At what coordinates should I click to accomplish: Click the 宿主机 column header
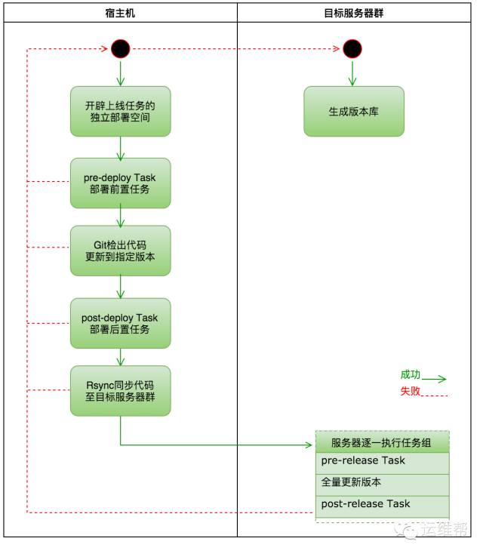click(120, 14)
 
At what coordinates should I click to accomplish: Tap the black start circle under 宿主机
click(120, 49)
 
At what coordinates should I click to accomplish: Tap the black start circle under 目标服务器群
click(352, 49)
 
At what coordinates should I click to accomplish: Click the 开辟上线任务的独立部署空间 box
click(120, 111)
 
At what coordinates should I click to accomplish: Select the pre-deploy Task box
click(120, 183)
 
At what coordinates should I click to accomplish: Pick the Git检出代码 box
click(120, 251)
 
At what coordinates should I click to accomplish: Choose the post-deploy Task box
click(120, 323)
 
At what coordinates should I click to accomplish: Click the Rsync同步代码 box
click(120, 390)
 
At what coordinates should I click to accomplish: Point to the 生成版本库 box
click(353, 111)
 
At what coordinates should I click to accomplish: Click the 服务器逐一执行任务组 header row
click(383, 442)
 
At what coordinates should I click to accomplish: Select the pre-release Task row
click(383, 461)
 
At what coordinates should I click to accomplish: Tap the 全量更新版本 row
click(383, 482)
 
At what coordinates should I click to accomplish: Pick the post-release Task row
click(383, 504)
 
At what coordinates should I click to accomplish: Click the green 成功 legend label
click(410, 374)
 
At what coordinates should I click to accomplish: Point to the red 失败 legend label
click(410, 391)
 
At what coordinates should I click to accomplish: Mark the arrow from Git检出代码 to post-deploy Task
click(120, 286)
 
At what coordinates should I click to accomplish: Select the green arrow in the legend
click(435, 379)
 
